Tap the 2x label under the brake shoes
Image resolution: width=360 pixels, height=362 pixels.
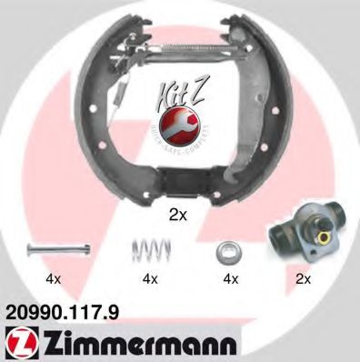click(x=179, y=216)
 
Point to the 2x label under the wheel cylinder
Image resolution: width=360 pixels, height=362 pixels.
click(x=303, y=277)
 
